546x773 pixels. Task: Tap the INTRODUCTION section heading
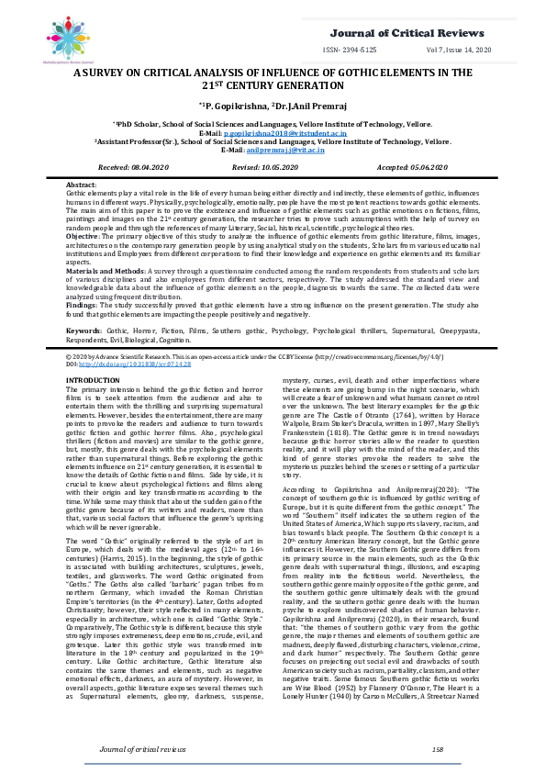click(x=94, y=378)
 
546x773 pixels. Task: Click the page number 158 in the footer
click(x=437, y=749)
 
